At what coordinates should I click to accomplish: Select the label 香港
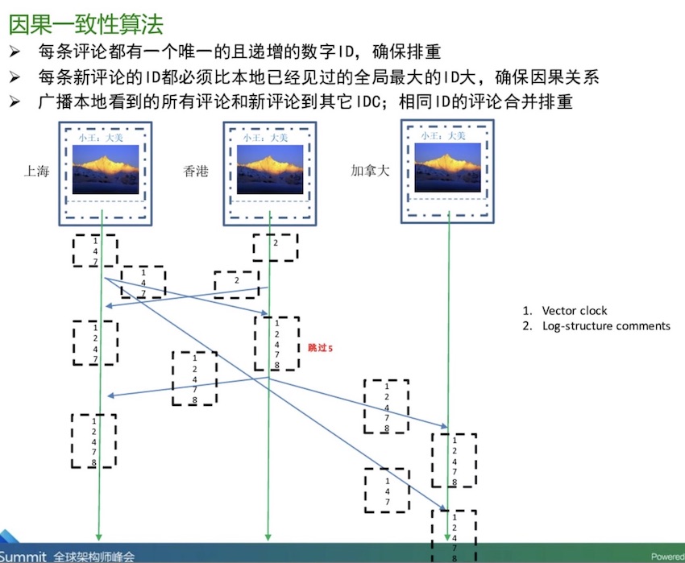pos(196,172)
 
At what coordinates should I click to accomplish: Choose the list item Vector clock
pos(575,310)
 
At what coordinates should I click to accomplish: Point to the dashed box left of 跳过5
pos(276,343)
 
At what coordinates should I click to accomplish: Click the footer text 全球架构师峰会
pos(95,556)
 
